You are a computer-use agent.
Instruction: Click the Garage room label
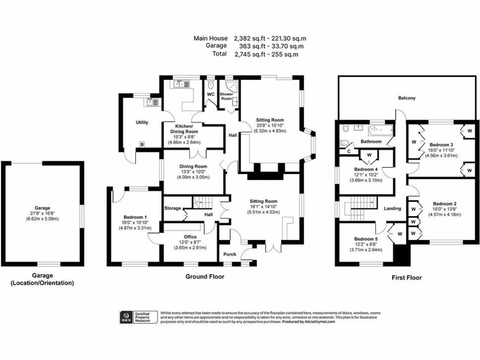pos(42,208)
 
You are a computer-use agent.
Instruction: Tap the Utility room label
pos(142,122)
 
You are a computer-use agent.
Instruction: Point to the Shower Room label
pos(227,96)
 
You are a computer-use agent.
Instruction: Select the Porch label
pos(230,255)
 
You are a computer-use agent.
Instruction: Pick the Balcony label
pos(407,98)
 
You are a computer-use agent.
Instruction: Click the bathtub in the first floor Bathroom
pos(381,130)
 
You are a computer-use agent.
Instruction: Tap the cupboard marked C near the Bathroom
pos(348,151)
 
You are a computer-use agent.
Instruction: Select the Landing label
pos(392,209)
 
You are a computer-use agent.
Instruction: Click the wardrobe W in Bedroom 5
pos(400,232)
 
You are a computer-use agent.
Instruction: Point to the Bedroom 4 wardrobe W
pos(369,155)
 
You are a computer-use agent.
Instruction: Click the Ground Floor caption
pos(204,277)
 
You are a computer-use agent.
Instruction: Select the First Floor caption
pos(406,277)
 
